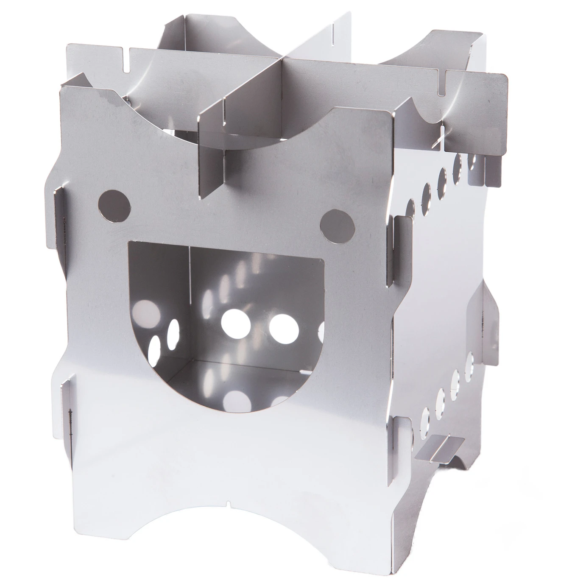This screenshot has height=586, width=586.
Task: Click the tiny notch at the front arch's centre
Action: pos(229,504)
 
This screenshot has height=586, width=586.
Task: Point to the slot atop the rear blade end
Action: pos(334,30)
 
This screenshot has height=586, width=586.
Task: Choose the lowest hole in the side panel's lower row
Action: pos(425,418)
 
